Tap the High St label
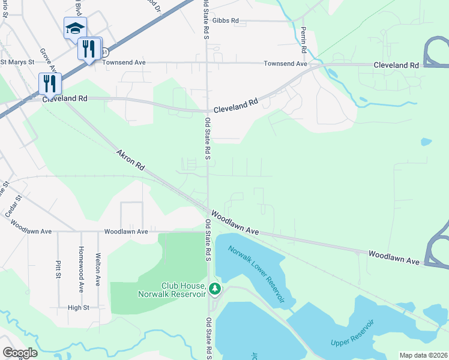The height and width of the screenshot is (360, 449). (x=78, y=307)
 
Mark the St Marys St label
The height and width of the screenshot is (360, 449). (x=17, y=61)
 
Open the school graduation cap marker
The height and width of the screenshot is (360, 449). (x=75, y=28)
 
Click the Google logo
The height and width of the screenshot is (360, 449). (x=20, y=353)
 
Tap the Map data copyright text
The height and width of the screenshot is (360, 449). (x=423, y=355)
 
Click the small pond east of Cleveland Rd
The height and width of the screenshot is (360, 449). (x=426, y=142)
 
